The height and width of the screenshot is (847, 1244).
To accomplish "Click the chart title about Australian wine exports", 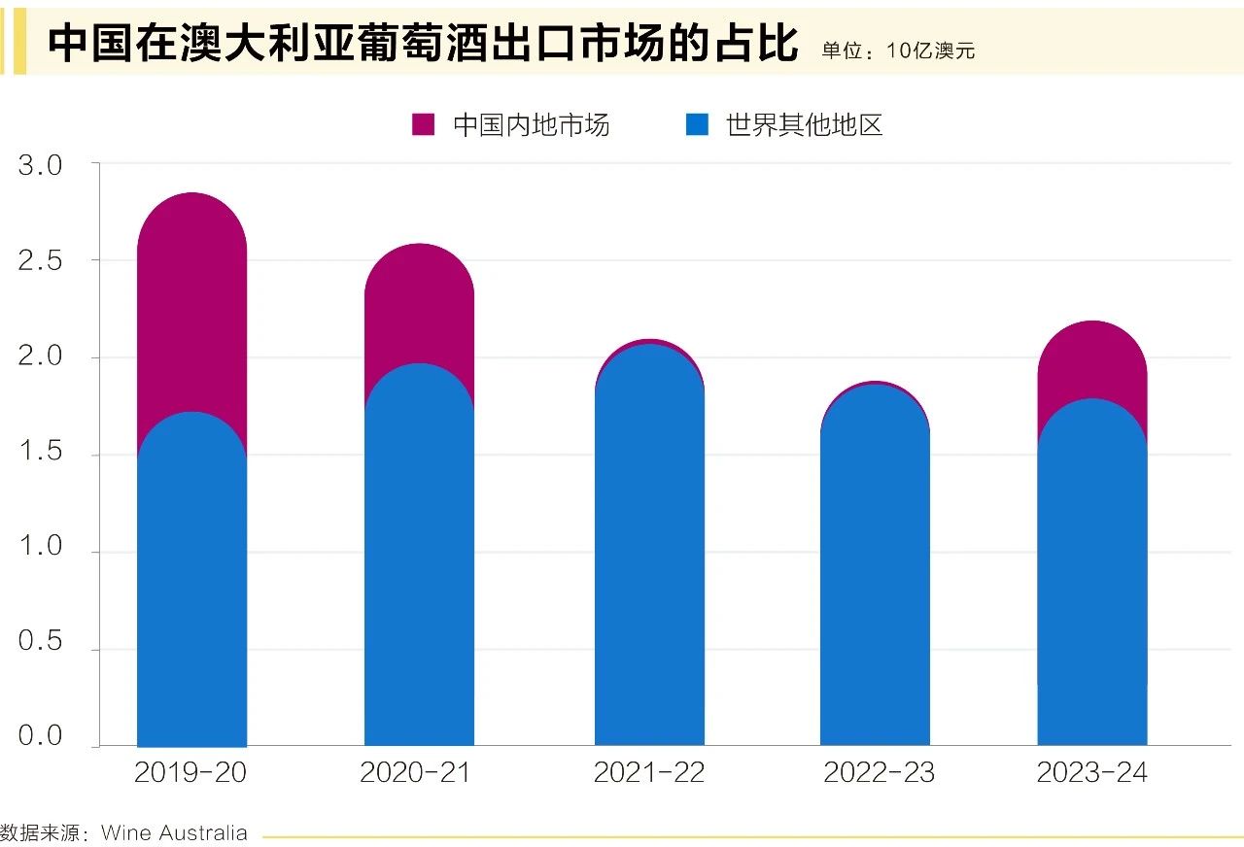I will click(422, 44).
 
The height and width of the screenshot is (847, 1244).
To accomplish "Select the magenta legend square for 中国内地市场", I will click(423, 124).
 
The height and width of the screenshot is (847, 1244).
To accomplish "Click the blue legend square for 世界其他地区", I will click(697, 124).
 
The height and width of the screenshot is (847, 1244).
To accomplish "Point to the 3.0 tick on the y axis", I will click(40, 166).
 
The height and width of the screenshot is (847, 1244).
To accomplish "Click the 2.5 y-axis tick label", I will click(40, 261).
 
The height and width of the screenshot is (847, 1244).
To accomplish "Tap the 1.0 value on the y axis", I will click(40, 546).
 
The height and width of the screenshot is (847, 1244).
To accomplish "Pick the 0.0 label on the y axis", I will click(40, 735).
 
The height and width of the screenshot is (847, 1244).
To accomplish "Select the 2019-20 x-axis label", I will click(190, 773).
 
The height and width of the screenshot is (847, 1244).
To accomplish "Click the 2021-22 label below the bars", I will click(648, 773).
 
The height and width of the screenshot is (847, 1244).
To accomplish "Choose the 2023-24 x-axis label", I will click(1091, 773).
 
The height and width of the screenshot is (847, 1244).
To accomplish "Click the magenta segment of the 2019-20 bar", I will click(191, 291).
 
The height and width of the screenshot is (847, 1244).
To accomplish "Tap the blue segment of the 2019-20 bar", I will click(191, 583).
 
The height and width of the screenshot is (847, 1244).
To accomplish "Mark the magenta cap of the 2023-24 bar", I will click(1091, 355).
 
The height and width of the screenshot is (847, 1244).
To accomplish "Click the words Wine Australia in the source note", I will click(174, 833).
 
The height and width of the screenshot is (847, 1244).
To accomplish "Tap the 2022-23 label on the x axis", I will click(879, 773).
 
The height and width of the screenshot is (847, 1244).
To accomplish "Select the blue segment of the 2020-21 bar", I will click(418, 563).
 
